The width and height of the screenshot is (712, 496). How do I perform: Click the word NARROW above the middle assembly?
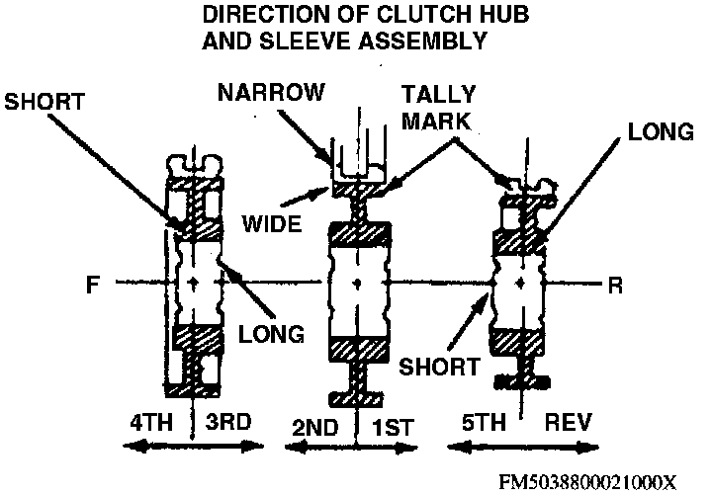(272, 92)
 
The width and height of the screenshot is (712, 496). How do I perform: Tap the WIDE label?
(272, 223)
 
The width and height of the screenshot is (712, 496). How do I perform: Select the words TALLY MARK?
(438, 108)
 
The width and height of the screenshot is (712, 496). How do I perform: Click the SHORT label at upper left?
(44, 102)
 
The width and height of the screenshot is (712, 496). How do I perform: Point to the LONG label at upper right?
(661, 132)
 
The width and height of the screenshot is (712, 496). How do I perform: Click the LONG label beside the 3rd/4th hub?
(272, 334)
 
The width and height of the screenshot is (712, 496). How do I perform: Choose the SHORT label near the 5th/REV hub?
(439, 367)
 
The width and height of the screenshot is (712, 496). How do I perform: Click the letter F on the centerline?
(93, 285)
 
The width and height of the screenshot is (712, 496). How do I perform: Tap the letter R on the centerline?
(615, 286)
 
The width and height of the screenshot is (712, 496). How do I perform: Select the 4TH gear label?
(151, 423)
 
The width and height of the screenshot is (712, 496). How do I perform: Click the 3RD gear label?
(228, 422)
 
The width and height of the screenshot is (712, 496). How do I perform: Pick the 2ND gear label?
(314, 428)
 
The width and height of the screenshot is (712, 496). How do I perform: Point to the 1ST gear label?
(393, 428)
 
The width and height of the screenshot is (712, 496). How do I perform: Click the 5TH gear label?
(484, 423)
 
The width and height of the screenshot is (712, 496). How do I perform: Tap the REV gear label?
(568, 423)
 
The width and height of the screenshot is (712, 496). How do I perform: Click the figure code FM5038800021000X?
(588, 482)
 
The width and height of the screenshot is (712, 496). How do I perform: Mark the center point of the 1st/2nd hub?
(358, 284)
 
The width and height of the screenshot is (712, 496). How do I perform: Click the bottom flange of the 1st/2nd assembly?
(356, 399)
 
